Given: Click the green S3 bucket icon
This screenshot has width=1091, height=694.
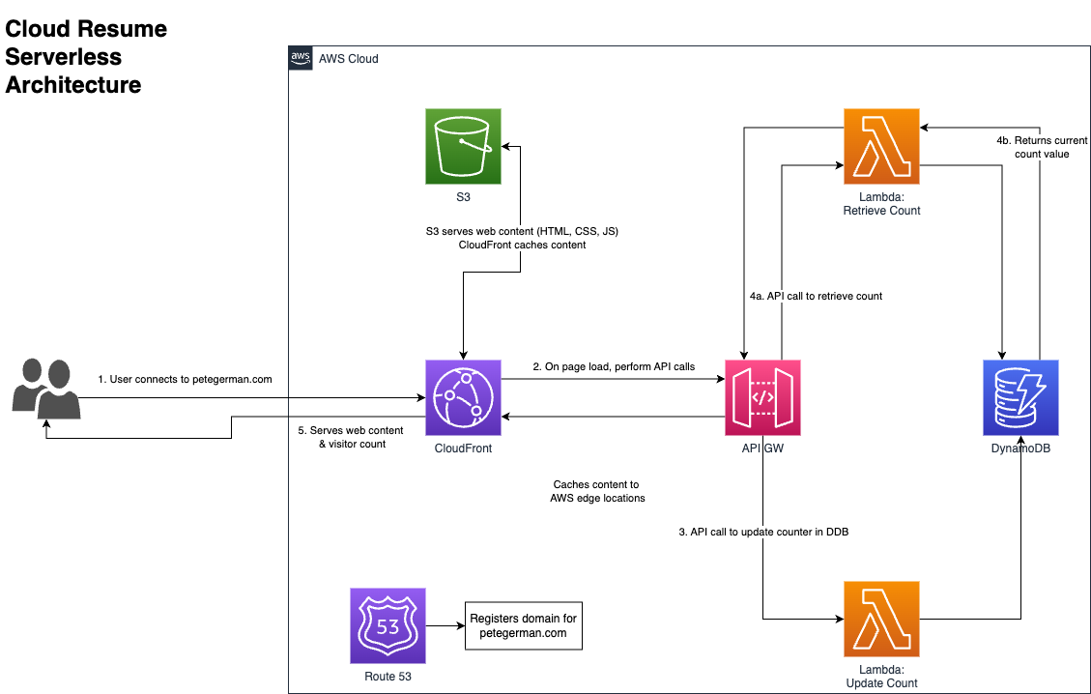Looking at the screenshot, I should pos(463,146).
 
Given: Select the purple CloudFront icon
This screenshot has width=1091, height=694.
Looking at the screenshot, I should pos(463,397).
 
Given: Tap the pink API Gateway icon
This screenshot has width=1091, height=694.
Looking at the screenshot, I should pos(762,397).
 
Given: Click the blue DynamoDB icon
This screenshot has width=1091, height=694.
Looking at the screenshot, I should pos(1020,397).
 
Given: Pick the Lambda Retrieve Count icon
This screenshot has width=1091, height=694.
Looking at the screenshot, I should pos(881,146).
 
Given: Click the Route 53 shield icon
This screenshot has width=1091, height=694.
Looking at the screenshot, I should pos(388,625).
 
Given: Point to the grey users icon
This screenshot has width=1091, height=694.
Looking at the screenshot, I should pos(45,389).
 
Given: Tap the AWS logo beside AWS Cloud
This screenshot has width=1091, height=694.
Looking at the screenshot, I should pos(301,58).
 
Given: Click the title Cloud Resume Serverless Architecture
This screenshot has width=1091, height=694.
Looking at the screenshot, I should pos(86,57).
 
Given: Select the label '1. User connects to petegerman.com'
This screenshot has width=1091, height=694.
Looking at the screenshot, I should pos(185,380).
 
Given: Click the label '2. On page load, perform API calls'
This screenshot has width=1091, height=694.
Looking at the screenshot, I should pos(614,366).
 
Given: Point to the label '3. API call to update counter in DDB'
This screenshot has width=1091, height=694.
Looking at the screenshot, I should pos(763,532).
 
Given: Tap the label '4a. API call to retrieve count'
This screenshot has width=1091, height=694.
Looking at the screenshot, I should pos(816,296).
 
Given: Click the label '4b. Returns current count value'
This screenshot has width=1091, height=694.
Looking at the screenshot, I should pos(1042,147).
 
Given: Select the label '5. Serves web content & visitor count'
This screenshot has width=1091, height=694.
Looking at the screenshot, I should pos(351,437).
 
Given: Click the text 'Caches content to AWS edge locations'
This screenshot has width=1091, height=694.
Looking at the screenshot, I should pos(596,491).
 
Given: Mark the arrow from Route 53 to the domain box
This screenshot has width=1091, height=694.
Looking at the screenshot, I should pos(445,625).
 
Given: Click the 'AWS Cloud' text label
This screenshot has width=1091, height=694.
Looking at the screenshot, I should pos(348,59).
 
